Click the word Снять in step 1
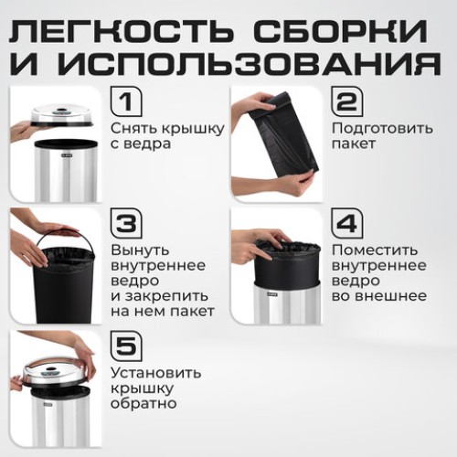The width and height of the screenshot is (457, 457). [131, 128]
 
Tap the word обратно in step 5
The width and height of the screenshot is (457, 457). [143, 403]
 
